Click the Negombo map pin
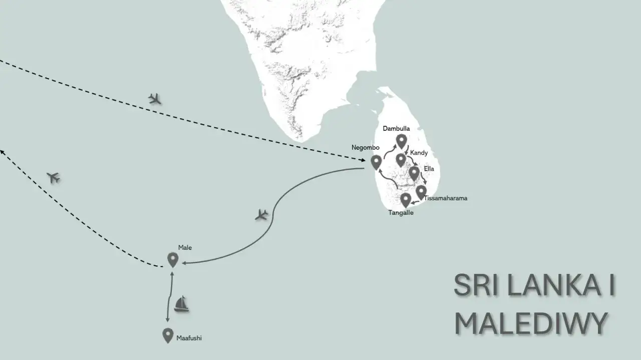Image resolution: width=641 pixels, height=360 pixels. pos(376,162)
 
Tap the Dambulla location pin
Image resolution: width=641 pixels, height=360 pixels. pos(401,141)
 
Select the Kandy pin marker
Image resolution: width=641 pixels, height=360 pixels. pos(401,160)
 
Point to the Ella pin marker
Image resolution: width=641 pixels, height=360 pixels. pos(414,173)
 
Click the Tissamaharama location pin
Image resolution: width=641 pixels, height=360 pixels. pos(421,192)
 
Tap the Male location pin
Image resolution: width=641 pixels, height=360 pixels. pos(173,259)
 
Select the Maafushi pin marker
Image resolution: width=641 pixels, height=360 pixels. pos(168,335)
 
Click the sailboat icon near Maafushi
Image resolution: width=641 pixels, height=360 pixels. pos(181,304)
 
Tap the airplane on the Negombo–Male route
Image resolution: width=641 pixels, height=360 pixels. pos(261,215)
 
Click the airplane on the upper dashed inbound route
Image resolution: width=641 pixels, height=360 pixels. pos(156,99)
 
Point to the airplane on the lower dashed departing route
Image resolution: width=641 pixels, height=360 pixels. pos(53,177)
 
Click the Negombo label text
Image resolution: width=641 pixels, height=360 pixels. pos(366,148)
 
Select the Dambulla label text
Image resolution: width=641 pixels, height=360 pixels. pos(396,129)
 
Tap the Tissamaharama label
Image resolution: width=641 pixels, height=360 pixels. pos(445,198)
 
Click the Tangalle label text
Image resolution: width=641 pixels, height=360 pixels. pos(401,212)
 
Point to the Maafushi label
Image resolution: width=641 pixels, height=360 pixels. pos(189,338)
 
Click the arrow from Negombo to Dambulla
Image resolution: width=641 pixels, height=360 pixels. pos(389,151)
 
